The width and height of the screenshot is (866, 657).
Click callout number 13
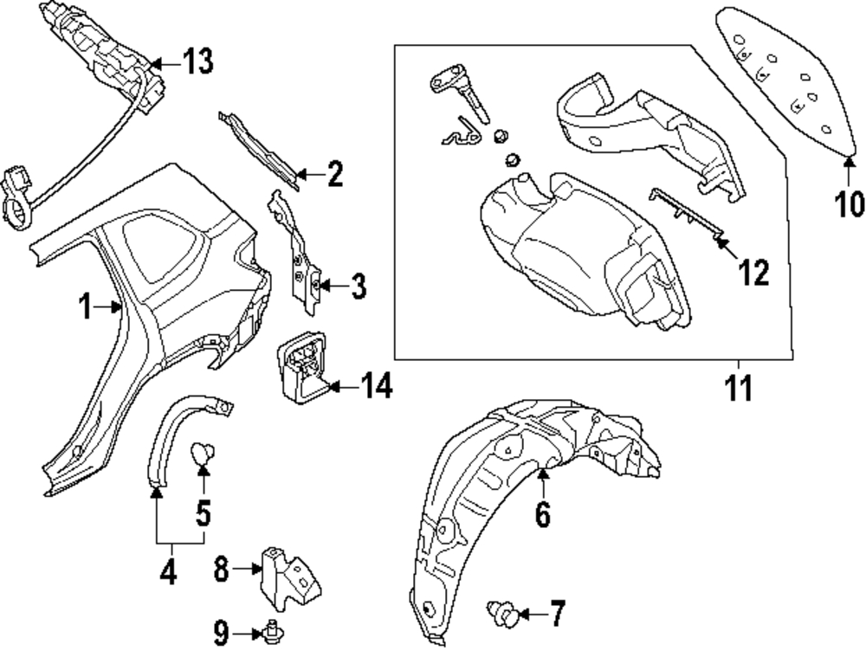(x=197, y=61)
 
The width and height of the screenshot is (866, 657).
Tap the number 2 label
(x=334, y=174)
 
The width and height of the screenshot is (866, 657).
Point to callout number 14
(x=377, y=385)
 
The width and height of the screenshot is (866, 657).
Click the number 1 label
(x=85, y=306)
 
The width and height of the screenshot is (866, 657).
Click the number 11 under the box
(x=739, y=388)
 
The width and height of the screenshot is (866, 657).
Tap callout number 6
(x=543, y=514)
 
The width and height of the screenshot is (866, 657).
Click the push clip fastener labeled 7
(x=502, y=615)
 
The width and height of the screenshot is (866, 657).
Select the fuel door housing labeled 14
(x=301, y=364)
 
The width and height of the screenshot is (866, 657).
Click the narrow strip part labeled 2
(x=260, y=150)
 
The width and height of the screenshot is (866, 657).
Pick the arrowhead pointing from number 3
(x=324, y=286)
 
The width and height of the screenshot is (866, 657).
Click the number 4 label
(x=169, y=571)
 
